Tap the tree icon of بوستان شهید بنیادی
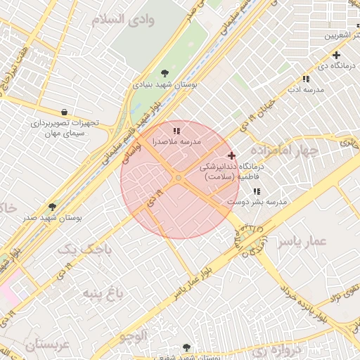click(165, 72)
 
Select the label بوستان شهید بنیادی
click(165, 84)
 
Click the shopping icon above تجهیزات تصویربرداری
click(65, 112)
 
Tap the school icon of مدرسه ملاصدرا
click(177, 130)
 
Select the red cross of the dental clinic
click(231, 155)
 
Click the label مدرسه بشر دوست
click(257, 202)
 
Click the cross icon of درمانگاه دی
click(336, 55)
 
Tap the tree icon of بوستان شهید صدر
click(52, 207)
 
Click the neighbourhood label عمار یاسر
click(302, 242)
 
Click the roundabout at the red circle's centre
click(179, 179)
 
